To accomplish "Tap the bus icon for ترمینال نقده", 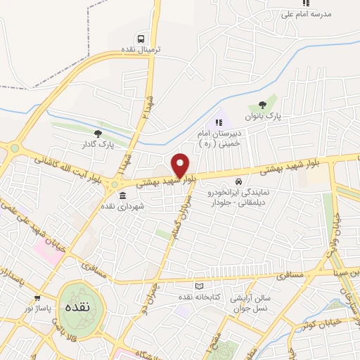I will pyautogui.click(x=143, y=39).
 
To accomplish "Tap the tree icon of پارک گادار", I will pyautogui.click(x=98, y=134).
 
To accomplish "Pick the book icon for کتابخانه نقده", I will pyautogui.click(x=198, y=287).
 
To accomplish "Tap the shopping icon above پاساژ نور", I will pyautogui.click(x=37, y=298).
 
